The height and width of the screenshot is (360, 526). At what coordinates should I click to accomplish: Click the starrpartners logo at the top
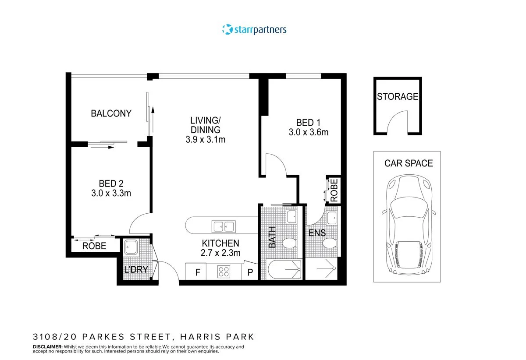255,30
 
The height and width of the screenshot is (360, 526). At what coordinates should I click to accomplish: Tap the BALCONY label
111,114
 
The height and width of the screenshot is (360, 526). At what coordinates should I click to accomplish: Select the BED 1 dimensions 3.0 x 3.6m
309,132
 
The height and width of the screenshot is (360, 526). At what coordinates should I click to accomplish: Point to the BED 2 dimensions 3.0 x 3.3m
108,193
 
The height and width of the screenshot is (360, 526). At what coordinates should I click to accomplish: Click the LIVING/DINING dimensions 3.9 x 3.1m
205,140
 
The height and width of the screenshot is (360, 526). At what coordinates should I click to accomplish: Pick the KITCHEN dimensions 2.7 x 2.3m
220,253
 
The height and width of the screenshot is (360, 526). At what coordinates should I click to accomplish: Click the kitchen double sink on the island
223,226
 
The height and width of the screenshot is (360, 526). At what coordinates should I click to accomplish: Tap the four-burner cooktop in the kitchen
224,272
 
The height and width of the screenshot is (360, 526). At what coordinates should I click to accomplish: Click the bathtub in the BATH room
284,269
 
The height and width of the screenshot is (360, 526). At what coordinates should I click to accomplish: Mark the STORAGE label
398,97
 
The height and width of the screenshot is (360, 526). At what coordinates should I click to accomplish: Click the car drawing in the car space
408,223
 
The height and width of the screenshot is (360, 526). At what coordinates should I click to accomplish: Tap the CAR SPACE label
409,163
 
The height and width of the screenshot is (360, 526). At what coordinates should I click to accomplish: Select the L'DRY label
135,270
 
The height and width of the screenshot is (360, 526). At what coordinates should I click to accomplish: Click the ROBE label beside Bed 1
334,191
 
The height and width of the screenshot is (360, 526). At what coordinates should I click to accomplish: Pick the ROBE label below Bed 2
94,246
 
